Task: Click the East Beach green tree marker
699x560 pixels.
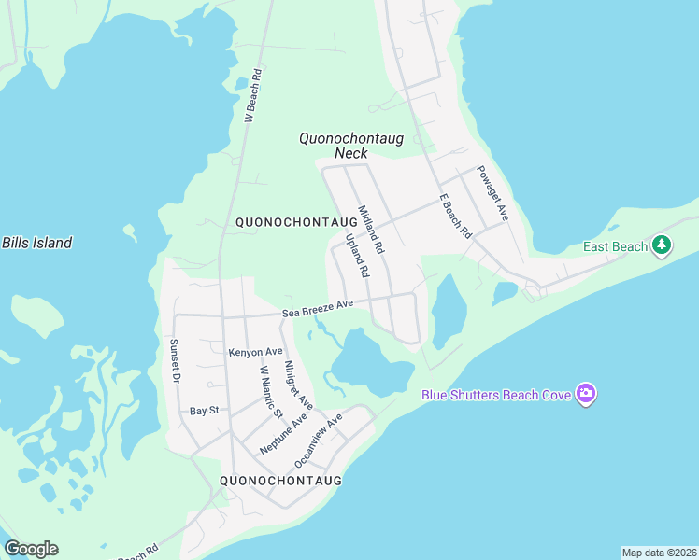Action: coord(663,245)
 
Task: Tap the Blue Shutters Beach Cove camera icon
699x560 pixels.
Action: coord(586,395)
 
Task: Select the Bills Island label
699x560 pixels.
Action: coord(36,243)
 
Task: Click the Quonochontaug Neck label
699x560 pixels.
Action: coord(350,146)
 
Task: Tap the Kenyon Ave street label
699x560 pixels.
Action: coord(255,352)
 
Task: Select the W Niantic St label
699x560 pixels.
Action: coord(270,393)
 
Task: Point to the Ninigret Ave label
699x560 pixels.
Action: coord(299,385)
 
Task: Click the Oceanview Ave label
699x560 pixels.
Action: coord(319,441)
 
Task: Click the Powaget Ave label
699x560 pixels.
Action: coord(492,193)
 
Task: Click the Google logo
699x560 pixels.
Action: coord(31,549)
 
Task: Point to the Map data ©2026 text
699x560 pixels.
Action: coord(659,553)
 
